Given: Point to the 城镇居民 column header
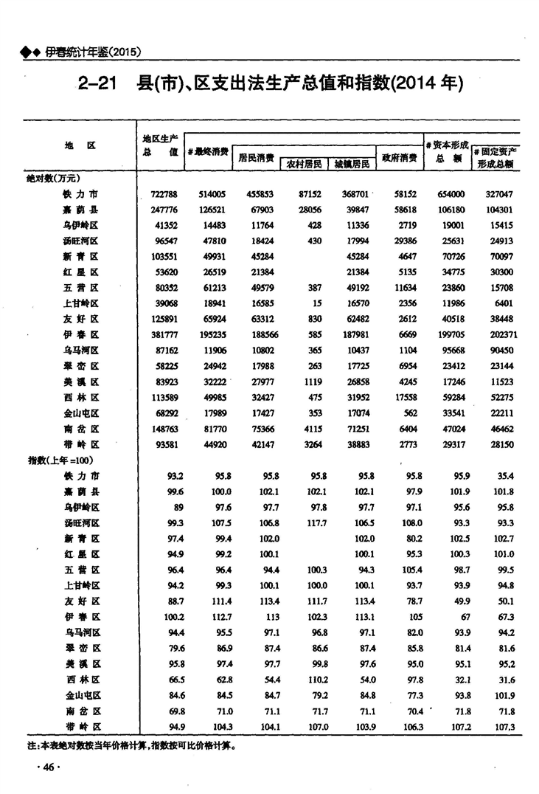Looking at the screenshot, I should (351, 164).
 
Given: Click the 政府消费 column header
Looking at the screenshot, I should (399, 157).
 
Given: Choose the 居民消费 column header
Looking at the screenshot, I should (257, 157).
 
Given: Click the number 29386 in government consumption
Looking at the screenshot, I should (403, 241).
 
